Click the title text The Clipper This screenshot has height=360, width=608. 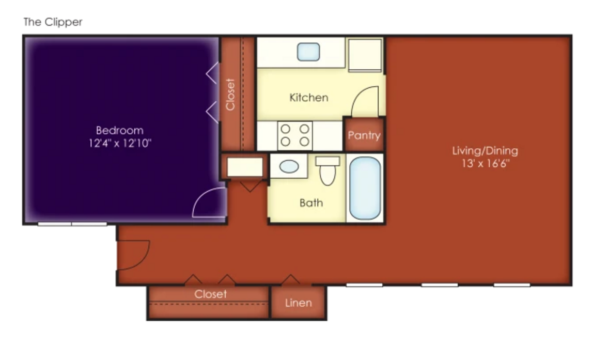(x=53, y=22)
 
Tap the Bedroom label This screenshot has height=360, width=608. (x=120, y=130)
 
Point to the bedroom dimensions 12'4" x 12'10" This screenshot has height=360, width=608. (x=120, y=144)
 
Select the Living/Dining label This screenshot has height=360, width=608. (x=485, y=151)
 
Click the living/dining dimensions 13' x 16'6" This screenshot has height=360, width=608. (x=485, y=164)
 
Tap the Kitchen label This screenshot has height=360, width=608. (x=309, y=98)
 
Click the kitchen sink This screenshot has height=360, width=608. (x=308, y=52)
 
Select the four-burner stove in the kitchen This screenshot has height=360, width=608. (x=295, y=136)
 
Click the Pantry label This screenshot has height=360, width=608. (x=364, y=136)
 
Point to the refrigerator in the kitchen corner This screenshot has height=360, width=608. (x=365, y=55)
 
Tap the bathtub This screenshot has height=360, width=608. (x=365, y=188)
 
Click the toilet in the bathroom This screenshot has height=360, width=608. (x=328, y=170)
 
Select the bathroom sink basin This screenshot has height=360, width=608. (x=289, y=167)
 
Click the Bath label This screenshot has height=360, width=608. (x=311, y=202)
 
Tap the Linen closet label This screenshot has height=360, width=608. (x=299, y=303)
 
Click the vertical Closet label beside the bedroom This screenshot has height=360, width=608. (x=230, y=95)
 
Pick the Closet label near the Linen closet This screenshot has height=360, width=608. (x=211, y=294)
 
